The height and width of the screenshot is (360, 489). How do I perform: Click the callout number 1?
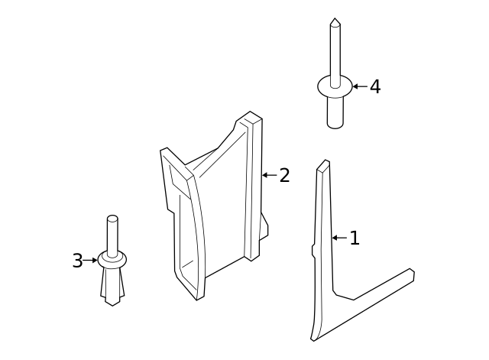[x=354, y=238]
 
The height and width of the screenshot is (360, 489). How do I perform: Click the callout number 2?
[x=284, y=176]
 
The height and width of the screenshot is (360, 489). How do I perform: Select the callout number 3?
[x=77, y=261]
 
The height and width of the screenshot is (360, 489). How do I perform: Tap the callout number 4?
[x=374, y=87]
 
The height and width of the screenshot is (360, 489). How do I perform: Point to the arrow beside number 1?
[x=339, y=238]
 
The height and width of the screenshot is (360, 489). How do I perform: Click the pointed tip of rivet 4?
[x=335, y=21]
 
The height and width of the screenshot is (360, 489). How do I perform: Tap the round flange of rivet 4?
[x=335, y=87]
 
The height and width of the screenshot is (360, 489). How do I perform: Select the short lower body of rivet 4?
[x=335, y=113]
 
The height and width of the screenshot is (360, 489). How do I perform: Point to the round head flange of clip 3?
[x=112, y=261]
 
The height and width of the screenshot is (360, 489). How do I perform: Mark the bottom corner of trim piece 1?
[x=314, y=337]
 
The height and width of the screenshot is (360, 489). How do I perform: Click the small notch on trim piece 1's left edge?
[x=313, y=250]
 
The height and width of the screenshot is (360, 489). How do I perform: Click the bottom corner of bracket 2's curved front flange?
[x=198, y=297]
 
